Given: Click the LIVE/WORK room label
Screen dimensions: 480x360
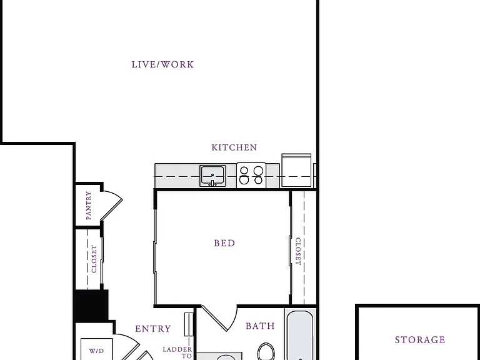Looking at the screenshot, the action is click(x=162, y=64).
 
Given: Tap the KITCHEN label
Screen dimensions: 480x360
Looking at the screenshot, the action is click(x=234, y=147).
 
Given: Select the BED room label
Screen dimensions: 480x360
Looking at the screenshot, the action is click(x=224, y=243).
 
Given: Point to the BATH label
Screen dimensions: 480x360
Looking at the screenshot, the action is click(x=260, y=326).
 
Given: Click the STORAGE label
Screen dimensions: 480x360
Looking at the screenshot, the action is click(x=420, y=340).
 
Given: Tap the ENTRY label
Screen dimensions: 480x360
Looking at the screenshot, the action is click(x=153, y=329).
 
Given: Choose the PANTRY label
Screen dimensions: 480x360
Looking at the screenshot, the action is click(x=89, y=206).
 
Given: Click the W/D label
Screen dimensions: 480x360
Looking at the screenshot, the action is click(x=96, y=351).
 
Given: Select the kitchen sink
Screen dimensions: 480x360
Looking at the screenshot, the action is click(x=212, y=176).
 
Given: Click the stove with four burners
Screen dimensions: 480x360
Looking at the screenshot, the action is click(x=251, y=176).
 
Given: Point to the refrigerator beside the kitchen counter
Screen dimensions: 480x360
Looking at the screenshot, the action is click(x=296, y=170).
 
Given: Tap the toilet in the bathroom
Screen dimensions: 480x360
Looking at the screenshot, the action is click(x=266, y=351).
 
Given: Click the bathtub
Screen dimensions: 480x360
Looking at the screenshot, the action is click(x=300, y=335).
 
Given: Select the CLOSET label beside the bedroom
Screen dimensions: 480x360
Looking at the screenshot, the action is click(x=298, y=251).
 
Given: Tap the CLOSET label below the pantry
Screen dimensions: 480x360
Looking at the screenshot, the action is click(x=94, y=259).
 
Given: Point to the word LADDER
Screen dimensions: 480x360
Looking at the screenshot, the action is click(x=177, y=349).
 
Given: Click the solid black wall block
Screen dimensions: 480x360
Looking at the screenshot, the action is click(x=91, y=305).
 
